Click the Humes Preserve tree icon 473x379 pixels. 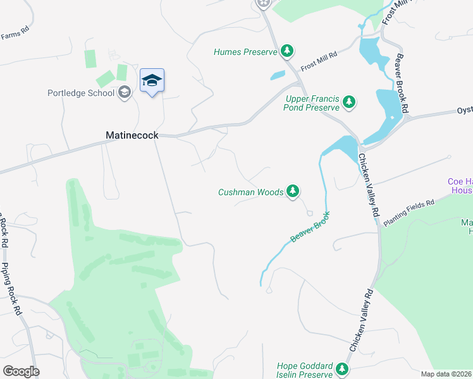pos(287,51)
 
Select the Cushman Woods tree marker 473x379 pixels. pos(292,191)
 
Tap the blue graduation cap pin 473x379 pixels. pos(152,81)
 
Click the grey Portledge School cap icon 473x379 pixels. pos(125,93)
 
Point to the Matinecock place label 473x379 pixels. pos(132,135)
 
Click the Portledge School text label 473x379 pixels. pos(81,93)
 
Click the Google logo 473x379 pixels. pos(21,371)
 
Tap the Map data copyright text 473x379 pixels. pos(446,374)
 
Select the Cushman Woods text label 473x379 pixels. pos(250,192)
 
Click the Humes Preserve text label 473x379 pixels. pos(245,52)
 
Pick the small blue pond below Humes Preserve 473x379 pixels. pos(277,75)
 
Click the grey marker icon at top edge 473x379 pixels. pos(263,4)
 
